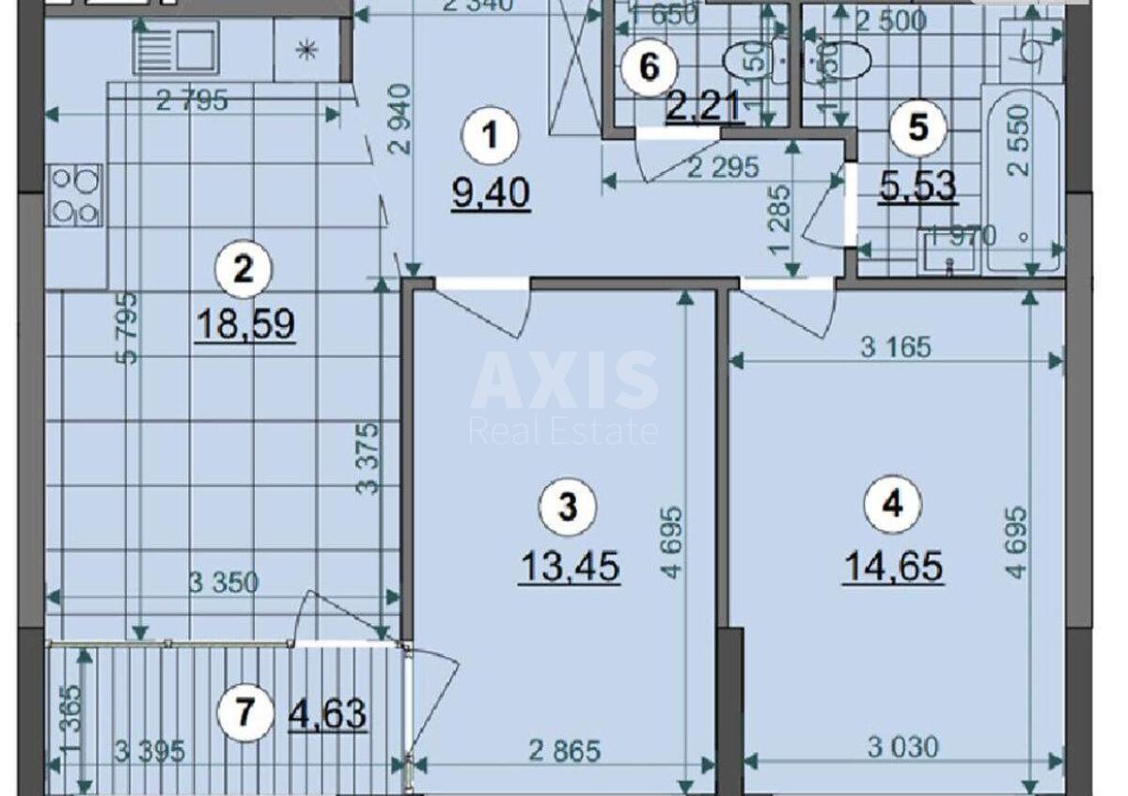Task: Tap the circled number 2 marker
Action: (243, 272)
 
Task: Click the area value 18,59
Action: (245, 324)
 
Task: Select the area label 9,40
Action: (491, 194)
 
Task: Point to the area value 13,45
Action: (570, 567)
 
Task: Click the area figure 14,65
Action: (893, 567)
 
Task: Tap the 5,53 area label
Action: (917, 186)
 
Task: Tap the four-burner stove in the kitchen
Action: (76, 195)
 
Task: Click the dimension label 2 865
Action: (563, 750)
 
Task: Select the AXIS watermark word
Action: (564, 381)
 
